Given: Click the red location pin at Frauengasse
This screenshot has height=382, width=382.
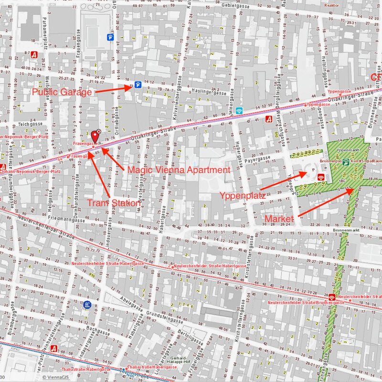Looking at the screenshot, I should point(95,137).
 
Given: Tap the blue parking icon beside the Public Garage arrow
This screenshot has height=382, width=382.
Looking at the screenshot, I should point(138,85).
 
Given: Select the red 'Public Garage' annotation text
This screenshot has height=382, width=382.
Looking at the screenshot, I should point(62,92).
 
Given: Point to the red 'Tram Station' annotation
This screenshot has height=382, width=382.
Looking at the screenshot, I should point(114,203).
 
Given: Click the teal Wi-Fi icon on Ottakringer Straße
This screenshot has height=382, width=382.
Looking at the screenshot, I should point(239,111).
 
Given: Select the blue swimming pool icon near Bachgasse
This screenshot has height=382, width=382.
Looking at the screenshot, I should point(87,304).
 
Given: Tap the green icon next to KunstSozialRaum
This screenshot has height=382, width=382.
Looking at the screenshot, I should point(346,162).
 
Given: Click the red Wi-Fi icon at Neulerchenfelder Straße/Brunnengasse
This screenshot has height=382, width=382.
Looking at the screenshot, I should point(332,297).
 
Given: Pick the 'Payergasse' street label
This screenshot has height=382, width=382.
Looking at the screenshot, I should point(260,159).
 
